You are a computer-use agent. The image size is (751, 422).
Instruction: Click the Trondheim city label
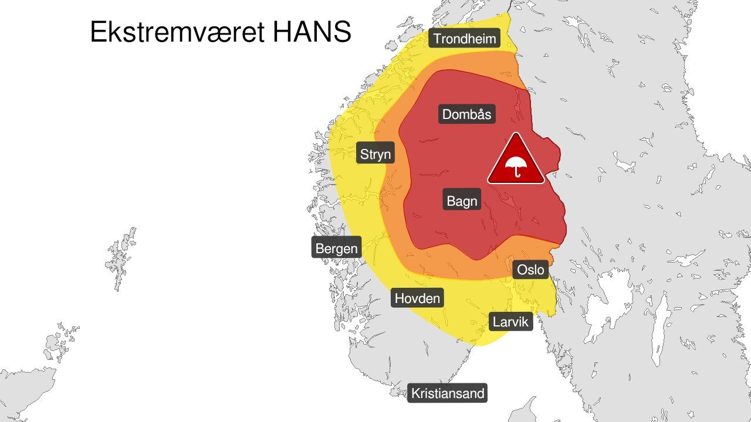click(465, 39)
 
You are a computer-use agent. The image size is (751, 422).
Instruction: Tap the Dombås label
click(466, 114)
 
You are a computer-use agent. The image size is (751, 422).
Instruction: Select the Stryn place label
click(375, 154)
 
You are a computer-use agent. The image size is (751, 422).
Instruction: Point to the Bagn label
click(462, 201)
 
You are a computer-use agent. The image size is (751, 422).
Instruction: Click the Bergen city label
click(336, 248)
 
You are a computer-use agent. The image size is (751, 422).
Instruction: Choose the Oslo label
click(531, 270)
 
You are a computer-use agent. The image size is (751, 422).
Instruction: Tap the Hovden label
click(417, 298)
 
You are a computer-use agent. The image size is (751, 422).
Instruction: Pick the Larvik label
click(510, 321)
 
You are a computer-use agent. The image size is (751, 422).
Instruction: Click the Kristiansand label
click(448, 393)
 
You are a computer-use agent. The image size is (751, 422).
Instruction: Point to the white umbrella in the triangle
click(516, 166)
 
